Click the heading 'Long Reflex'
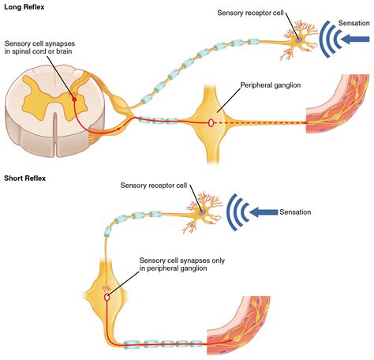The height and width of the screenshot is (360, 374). click(24, 6)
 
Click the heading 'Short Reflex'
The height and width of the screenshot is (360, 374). click(25, 178)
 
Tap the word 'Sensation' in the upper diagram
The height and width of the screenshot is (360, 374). click(351, 24)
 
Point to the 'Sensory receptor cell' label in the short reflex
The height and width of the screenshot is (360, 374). click(155, 186)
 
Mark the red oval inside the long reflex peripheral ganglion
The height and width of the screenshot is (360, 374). click(210, 122)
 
